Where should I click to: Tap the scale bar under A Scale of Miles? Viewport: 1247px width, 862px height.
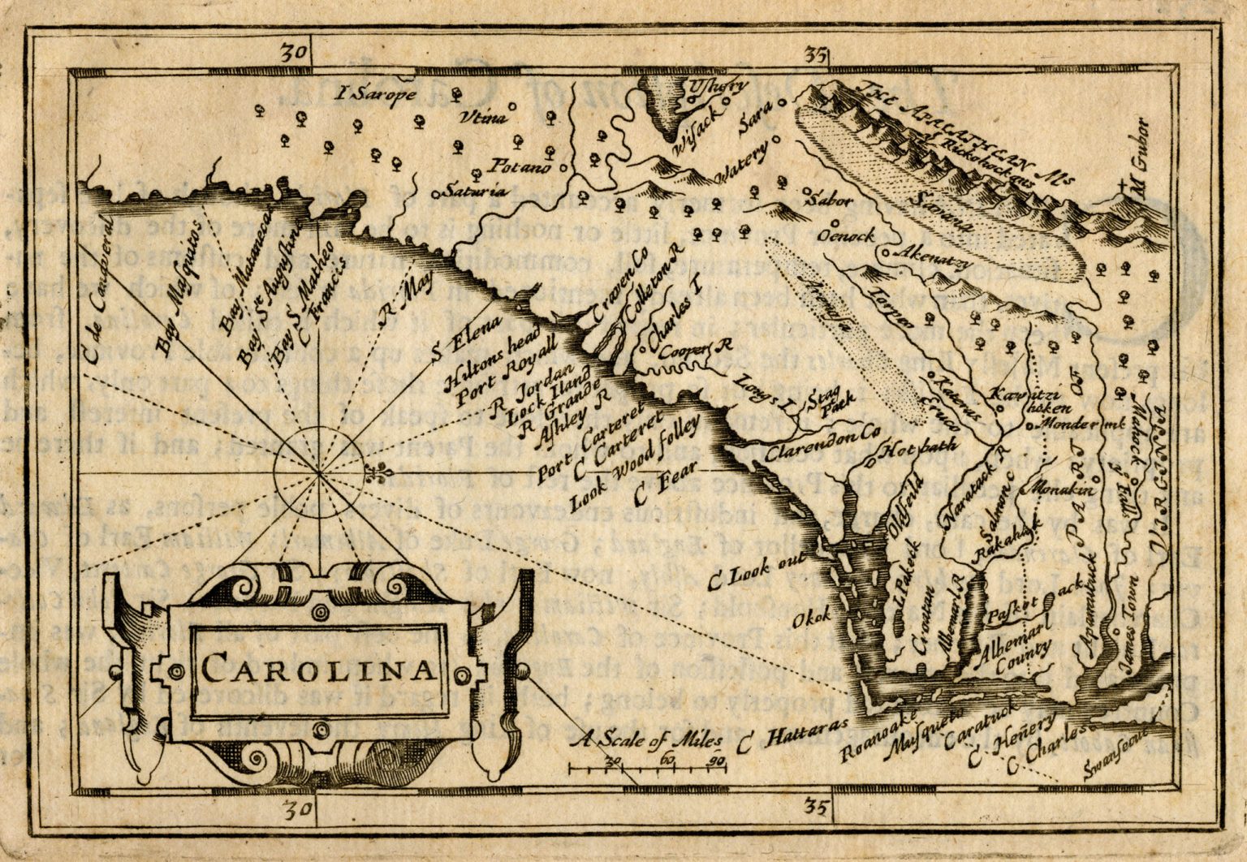click(646, 767)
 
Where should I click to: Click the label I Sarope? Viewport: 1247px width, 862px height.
click(375, 94)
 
